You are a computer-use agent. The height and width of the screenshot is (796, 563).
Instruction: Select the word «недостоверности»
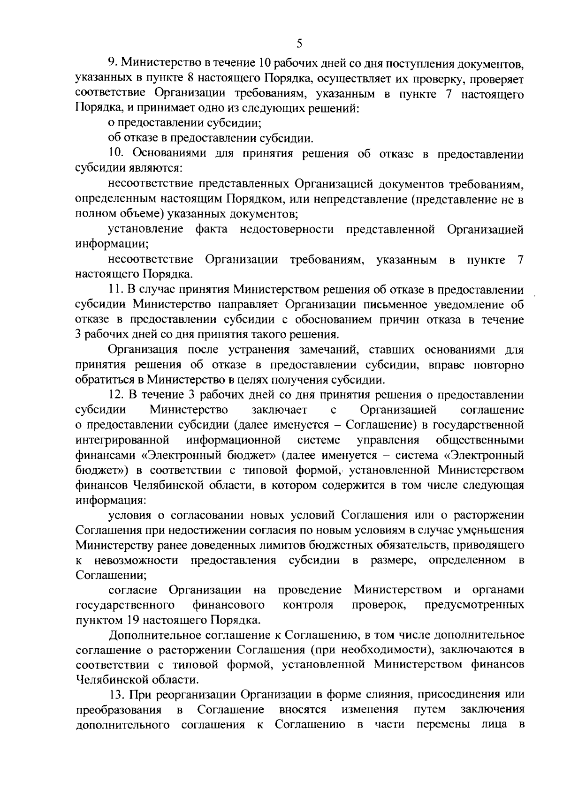[x=287, y=229]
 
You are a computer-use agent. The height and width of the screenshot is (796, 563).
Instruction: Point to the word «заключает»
[x=280, y=410]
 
